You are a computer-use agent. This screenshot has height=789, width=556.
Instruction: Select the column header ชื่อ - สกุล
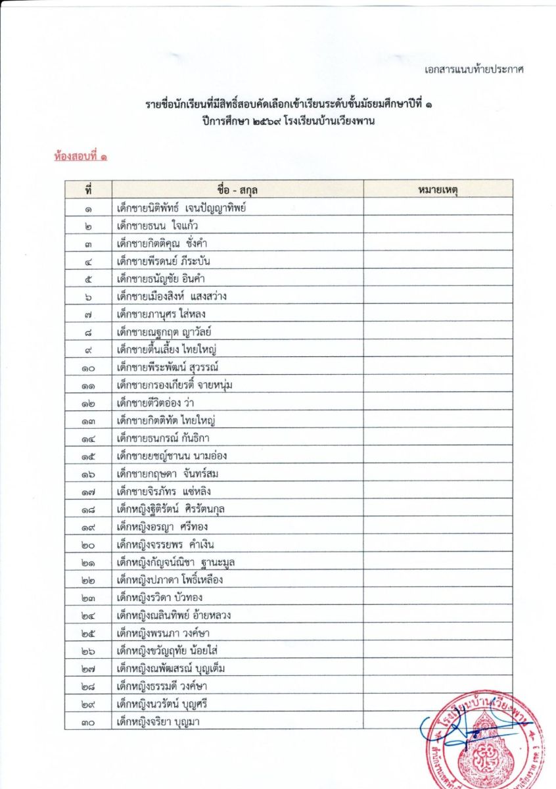[x=237, y=189]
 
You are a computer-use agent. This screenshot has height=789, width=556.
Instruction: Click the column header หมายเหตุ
[x=438, y=189]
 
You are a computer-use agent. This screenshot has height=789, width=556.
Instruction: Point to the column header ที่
[x=88, y=189]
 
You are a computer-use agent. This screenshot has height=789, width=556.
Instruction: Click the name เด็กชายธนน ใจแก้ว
[x=158, y=226]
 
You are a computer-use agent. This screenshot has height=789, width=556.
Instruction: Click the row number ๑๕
[x=88, y=456]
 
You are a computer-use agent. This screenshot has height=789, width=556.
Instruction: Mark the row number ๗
[x=88, y=314]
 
